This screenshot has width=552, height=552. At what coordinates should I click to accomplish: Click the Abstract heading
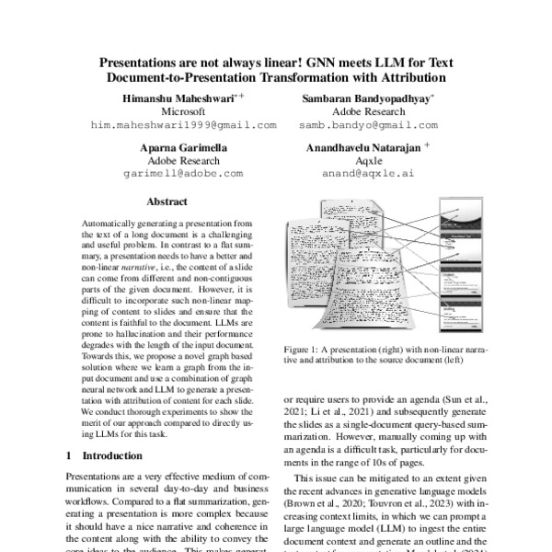(167, 201)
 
